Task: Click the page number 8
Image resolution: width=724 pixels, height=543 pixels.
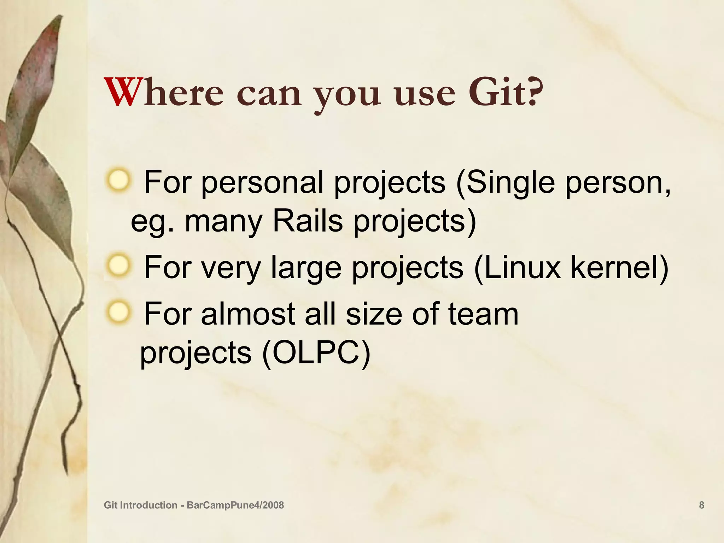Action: [701, 505]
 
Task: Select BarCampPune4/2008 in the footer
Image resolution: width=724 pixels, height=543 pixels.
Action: [235, 505]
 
